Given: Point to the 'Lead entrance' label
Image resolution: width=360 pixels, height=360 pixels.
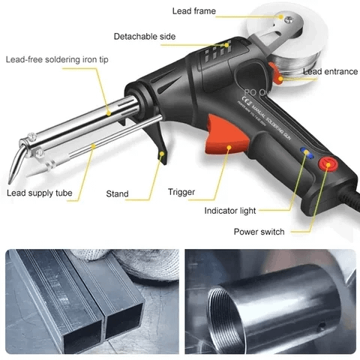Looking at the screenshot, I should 329,71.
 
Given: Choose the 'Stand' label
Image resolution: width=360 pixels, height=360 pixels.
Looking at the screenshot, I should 117,193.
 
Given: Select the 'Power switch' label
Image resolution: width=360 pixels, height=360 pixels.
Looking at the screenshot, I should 259,232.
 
